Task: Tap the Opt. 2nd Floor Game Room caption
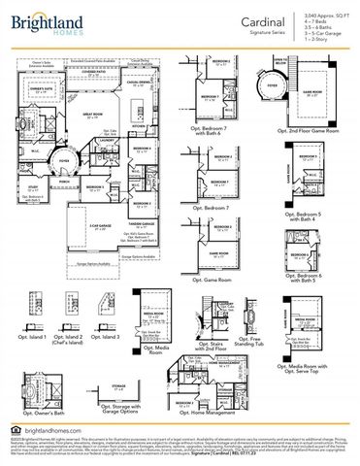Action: [x=301, y=129]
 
